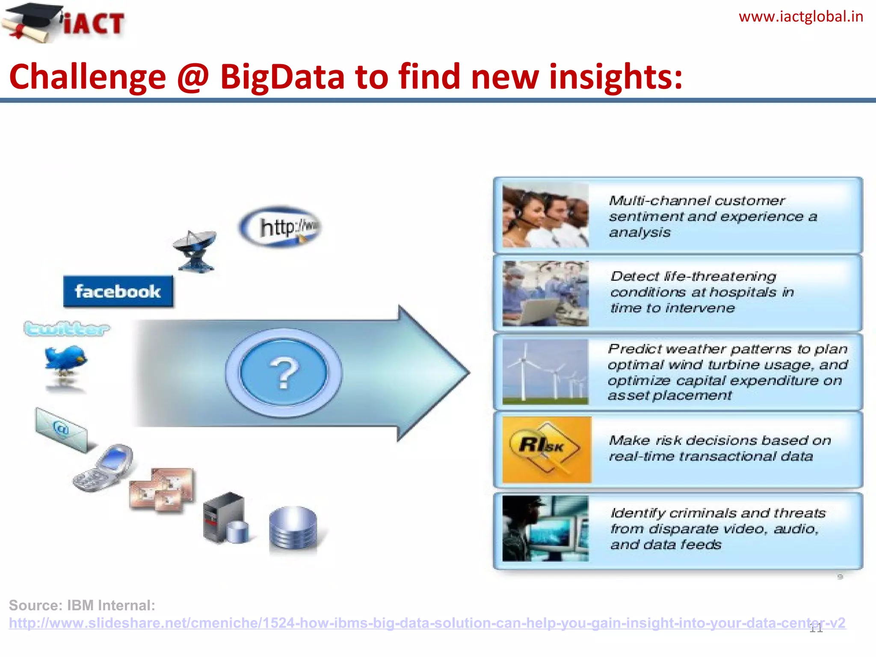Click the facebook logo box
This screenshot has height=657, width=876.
coord(118,292)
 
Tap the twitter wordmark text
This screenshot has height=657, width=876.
coord(66,329)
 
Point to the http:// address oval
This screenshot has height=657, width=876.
coord(281,227)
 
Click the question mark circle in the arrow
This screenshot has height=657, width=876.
coord(284,373)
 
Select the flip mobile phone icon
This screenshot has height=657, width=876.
coord(103,468)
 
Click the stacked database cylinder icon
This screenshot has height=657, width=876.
coord(293,528)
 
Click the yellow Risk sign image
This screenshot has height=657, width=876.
coord(546,449)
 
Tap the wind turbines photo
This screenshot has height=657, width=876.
coord(545,372)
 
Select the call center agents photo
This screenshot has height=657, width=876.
coord(545,216)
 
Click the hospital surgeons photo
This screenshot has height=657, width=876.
coord(545,293)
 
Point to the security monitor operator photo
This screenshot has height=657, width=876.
coord(545,528)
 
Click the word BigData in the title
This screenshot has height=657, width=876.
coord(282,77)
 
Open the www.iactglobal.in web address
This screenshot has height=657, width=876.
coord(801,17)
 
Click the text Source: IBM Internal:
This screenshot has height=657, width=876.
coord(82,605)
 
